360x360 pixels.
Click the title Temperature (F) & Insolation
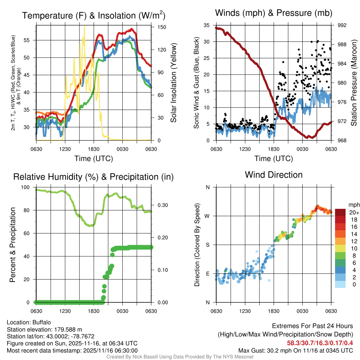point(94,15)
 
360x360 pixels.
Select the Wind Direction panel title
point(274,175)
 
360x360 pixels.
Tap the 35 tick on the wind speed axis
point(207,25)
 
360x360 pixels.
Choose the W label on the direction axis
point(207,216)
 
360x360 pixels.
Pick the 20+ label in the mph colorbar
point(344,212)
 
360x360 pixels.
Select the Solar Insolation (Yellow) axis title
point(173,83)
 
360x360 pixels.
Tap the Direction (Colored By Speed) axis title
point(197,245)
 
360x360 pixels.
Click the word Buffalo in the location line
point(42,322)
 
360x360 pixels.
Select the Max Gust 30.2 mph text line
point(295,350)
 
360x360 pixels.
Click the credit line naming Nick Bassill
point(180,357)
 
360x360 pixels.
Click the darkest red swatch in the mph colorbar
point(340,212)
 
